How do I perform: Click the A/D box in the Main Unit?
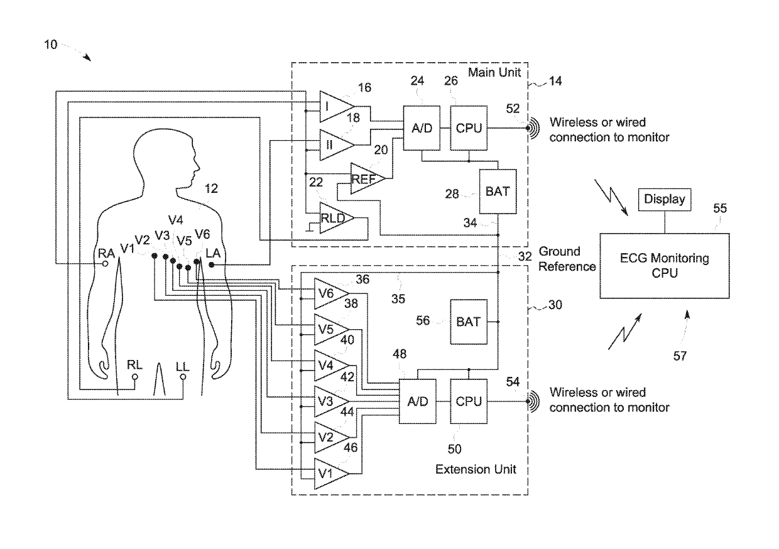coord(420,129)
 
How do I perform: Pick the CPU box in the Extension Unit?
coord(468,401)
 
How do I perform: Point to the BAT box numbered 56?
coord(468,322)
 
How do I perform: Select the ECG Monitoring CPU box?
coord(665,265)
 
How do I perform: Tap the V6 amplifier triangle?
coord(329,292)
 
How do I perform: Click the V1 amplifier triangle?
coord(329,474)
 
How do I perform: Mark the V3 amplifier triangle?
coord(329,400)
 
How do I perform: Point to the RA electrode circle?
coord(106,265)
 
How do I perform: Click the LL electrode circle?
coord(183,378)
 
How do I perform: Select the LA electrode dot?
coord(211,265)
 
